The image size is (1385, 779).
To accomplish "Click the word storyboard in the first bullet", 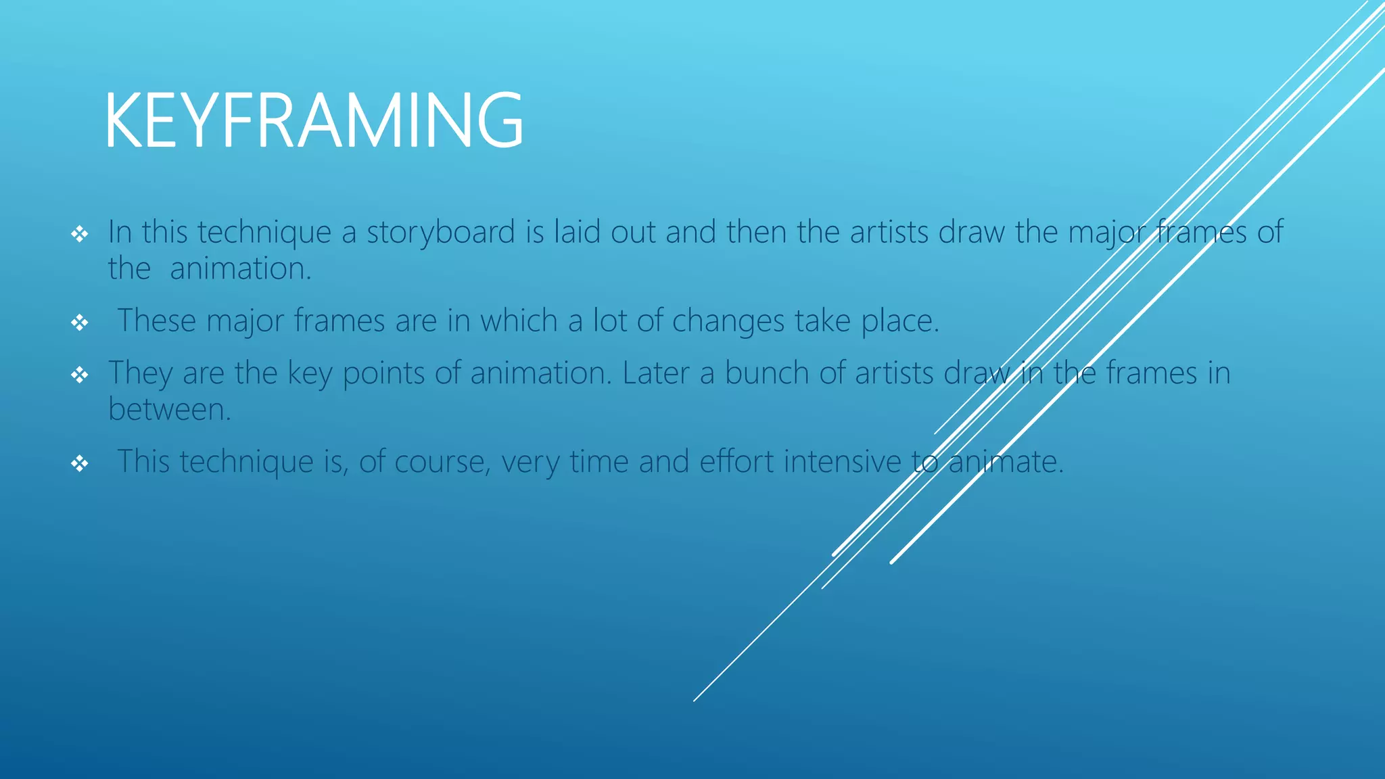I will [441, 233].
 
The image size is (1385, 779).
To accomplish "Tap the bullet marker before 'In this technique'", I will [80, 235].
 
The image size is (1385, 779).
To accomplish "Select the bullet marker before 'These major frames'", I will [80, 323].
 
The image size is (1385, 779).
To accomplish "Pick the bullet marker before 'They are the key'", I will [80, 375].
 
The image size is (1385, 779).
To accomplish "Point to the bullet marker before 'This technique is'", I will [80, 463].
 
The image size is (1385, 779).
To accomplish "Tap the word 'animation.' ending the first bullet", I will [241, 269].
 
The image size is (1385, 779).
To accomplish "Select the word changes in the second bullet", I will [728, 321].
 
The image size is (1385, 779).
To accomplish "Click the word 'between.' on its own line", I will [170, 410].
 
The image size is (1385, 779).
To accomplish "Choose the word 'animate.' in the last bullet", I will [1006, 462].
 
